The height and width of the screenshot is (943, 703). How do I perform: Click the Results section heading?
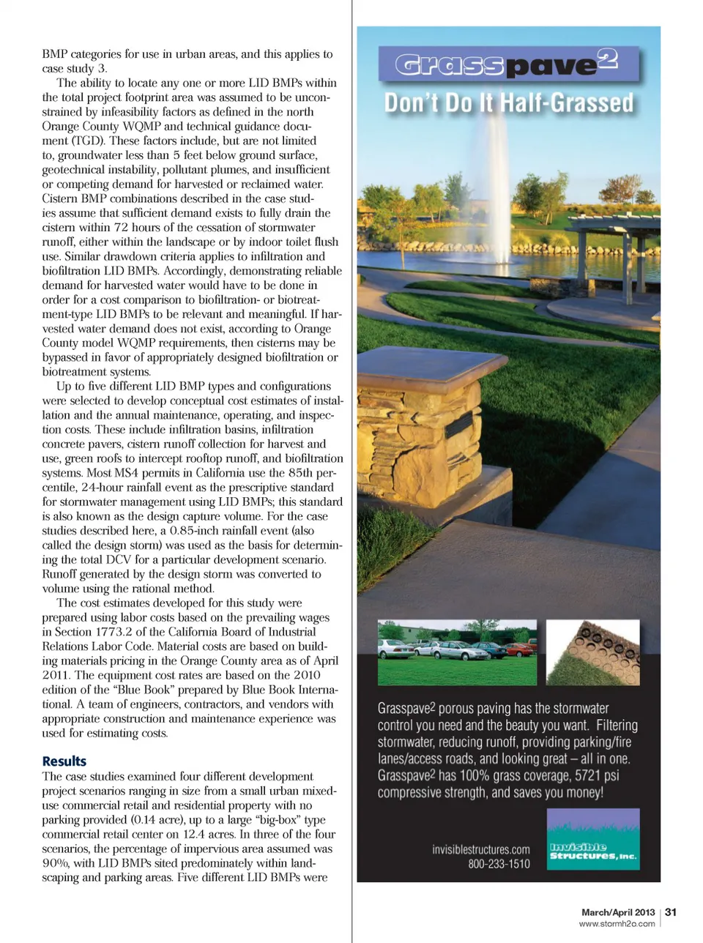(x=64, y=761)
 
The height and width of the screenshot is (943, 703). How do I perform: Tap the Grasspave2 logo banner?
(x=508, y=65)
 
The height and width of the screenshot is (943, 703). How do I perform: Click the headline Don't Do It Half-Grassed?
(x=508, y=102)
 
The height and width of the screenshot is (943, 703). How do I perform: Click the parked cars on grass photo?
(x=457, y=652)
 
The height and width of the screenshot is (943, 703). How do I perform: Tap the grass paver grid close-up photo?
(x=593, y=652)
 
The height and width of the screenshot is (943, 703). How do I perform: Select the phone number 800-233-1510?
(x=499, y=864)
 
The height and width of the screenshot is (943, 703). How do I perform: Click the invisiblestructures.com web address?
(x=481, y=849)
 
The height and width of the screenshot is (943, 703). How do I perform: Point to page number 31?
(x=671, y=912)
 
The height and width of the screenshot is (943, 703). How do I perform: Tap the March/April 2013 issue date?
(x=618, y=912)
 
